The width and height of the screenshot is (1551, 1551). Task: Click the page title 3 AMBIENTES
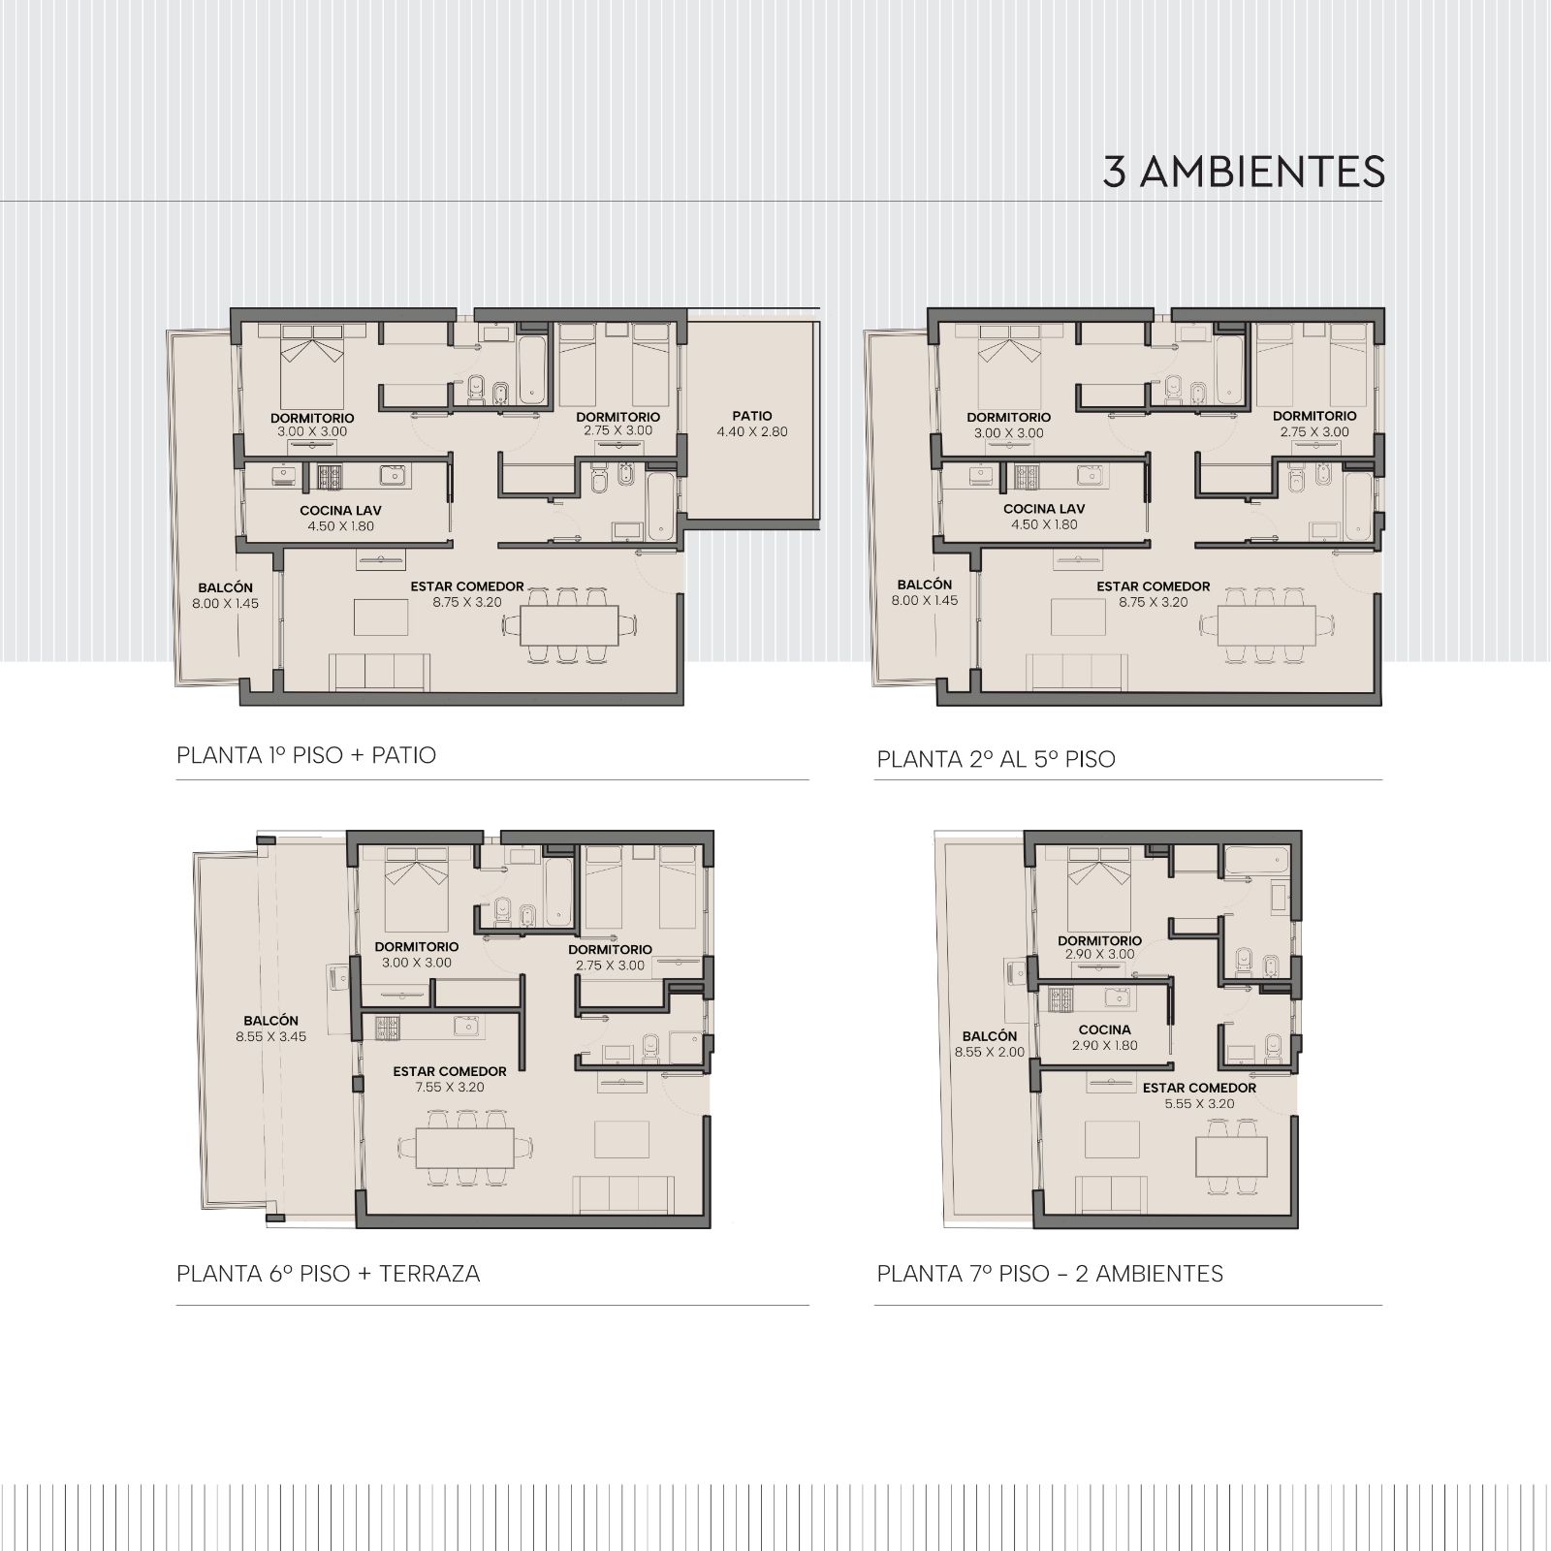pos(1244,173)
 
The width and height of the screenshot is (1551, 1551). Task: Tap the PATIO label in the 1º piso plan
pos(752,416)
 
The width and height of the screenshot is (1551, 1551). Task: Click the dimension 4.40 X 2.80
pos(752,432)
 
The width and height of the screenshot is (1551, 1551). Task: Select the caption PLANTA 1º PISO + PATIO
pos(306,755)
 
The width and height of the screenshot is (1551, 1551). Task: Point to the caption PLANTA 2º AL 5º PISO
pos(997,759)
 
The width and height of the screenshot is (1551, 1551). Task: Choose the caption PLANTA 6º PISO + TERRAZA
pos(329,1274)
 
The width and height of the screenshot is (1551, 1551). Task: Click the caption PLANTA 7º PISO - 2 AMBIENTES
pos(1050,1274)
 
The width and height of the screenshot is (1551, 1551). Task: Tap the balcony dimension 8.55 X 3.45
pos(271,1037)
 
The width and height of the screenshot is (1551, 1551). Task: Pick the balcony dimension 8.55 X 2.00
pos(990,1052)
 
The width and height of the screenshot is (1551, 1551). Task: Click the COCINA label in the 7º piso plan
pos(1105,1030)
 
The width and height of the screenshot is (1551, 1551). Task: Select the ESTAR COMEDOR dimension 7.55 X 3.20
pos(450,1088)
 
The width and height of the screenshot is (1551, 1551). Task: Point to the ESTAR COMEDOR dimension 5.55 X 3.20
pos(1199,1104)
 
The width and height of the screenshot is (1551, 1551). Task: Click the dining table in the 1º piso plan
pos(569,626)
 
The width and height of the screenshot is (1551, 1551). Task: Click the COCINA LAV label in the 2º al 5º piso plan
pos(1044,509)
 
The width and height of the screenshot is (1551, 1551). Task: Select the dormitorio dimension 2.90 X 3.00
pos(1099,955)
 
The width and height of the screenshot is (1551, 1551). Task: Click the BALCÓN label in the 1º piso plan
pos(225,587)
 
